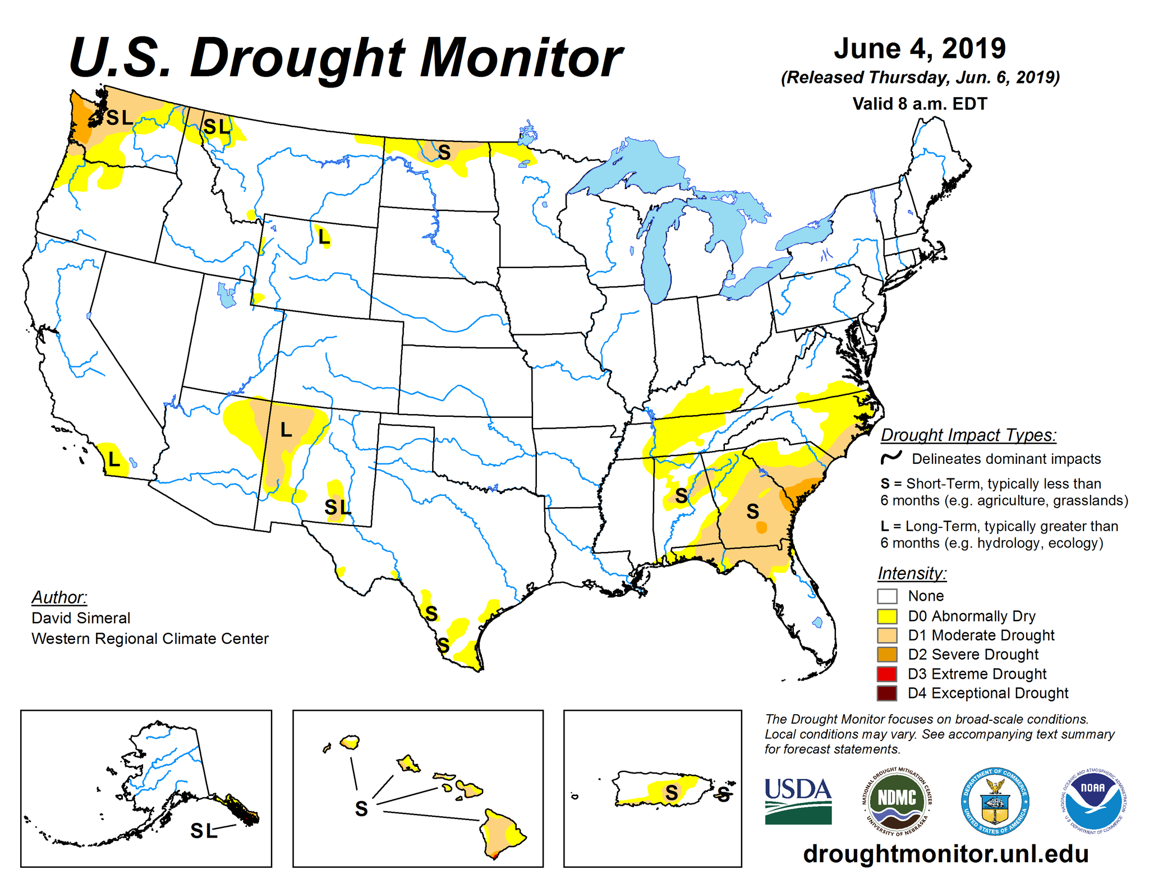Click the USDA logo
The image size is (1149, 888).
(x=798, y=800)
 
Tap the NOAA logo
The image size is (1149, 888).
(x=1093, y=800)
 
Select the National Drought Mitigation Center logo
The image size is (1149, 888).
(x=897, y=800)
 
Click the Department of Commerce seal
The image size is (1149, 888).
(x=995, y=800)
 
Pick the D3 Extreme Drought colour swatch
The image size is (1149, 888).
(x=887, y=674)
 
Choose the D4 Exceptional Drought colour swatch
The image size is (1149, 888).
(x=887, y=693)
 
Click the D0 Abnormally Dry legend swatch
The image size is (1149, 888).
(x=887, y=616)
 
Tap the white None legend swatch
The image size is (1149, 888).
(x=887, y=596)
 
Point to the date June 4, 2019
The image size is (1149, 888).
(x=920, y=49)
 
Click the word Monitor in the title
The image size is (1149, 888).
(x=521, y=58)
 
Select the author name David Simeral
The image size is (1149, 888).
(x=81, y=618)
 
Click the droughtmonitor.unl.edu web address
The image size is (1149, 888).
(x=946, y=854)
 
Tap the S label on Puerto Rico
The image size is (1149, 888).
(x=672, y=793)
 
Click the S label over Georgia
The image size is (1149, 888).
(x=752, y=511)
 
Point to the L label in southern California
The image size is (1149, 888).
(x=114, y=460)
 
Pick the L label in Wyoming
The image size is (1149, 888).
(x=324, y=237)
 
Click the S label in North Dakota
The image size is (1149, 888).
(x=444, y=152)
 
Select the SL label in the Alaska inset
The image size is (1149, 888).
(x=204, y=831)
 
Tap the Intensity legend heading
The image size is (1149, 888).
(x=912, y=573)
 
